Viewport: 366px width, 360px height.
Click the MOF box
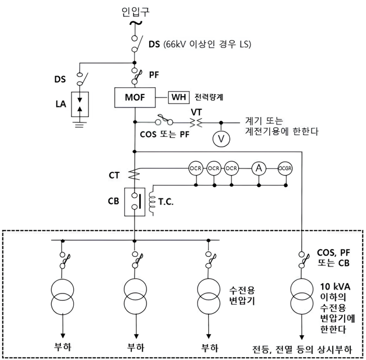coord(135,97)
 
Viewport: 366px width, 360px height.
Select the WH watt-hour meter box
coord(180,97)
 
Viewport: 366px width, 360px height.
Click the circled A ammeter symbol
coord(258,168)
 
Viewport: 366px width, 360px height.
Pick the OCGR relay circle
coord(286,168)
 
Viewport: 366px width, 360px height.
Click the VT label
coord(197,112)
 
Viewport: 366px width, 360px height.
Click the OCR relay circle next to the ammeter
coord(231,168)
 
